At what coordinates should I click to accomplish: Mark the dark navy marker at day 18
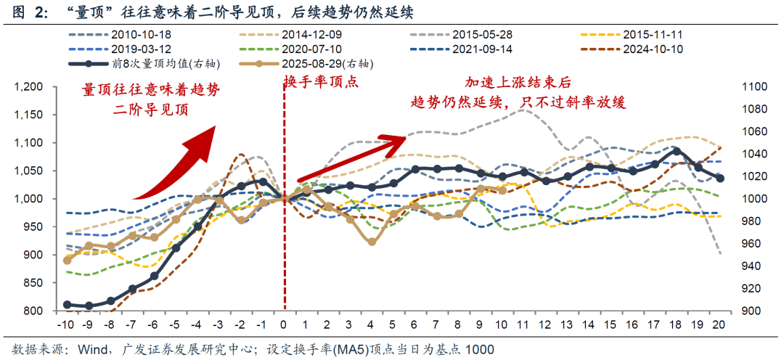(x=677, y=151)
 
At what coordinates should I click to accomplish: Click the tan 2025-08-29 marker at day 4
(x=371, y=242)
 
